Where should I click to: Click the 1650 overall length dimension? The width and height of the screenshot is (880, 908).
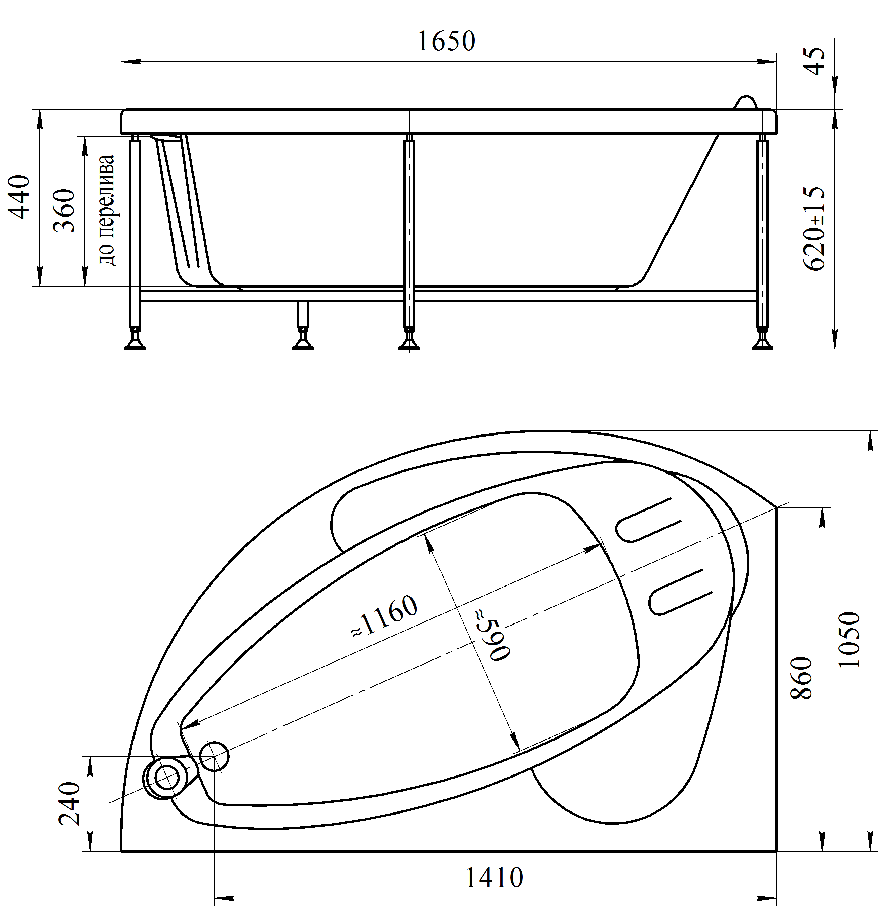click(x=446, y=41)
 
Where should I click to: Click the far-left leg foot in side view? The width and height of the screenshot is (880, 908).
click(x=135, y=343)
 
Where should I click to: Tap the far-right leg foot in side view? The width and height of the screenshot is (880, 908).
click(x=762, y=343)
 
